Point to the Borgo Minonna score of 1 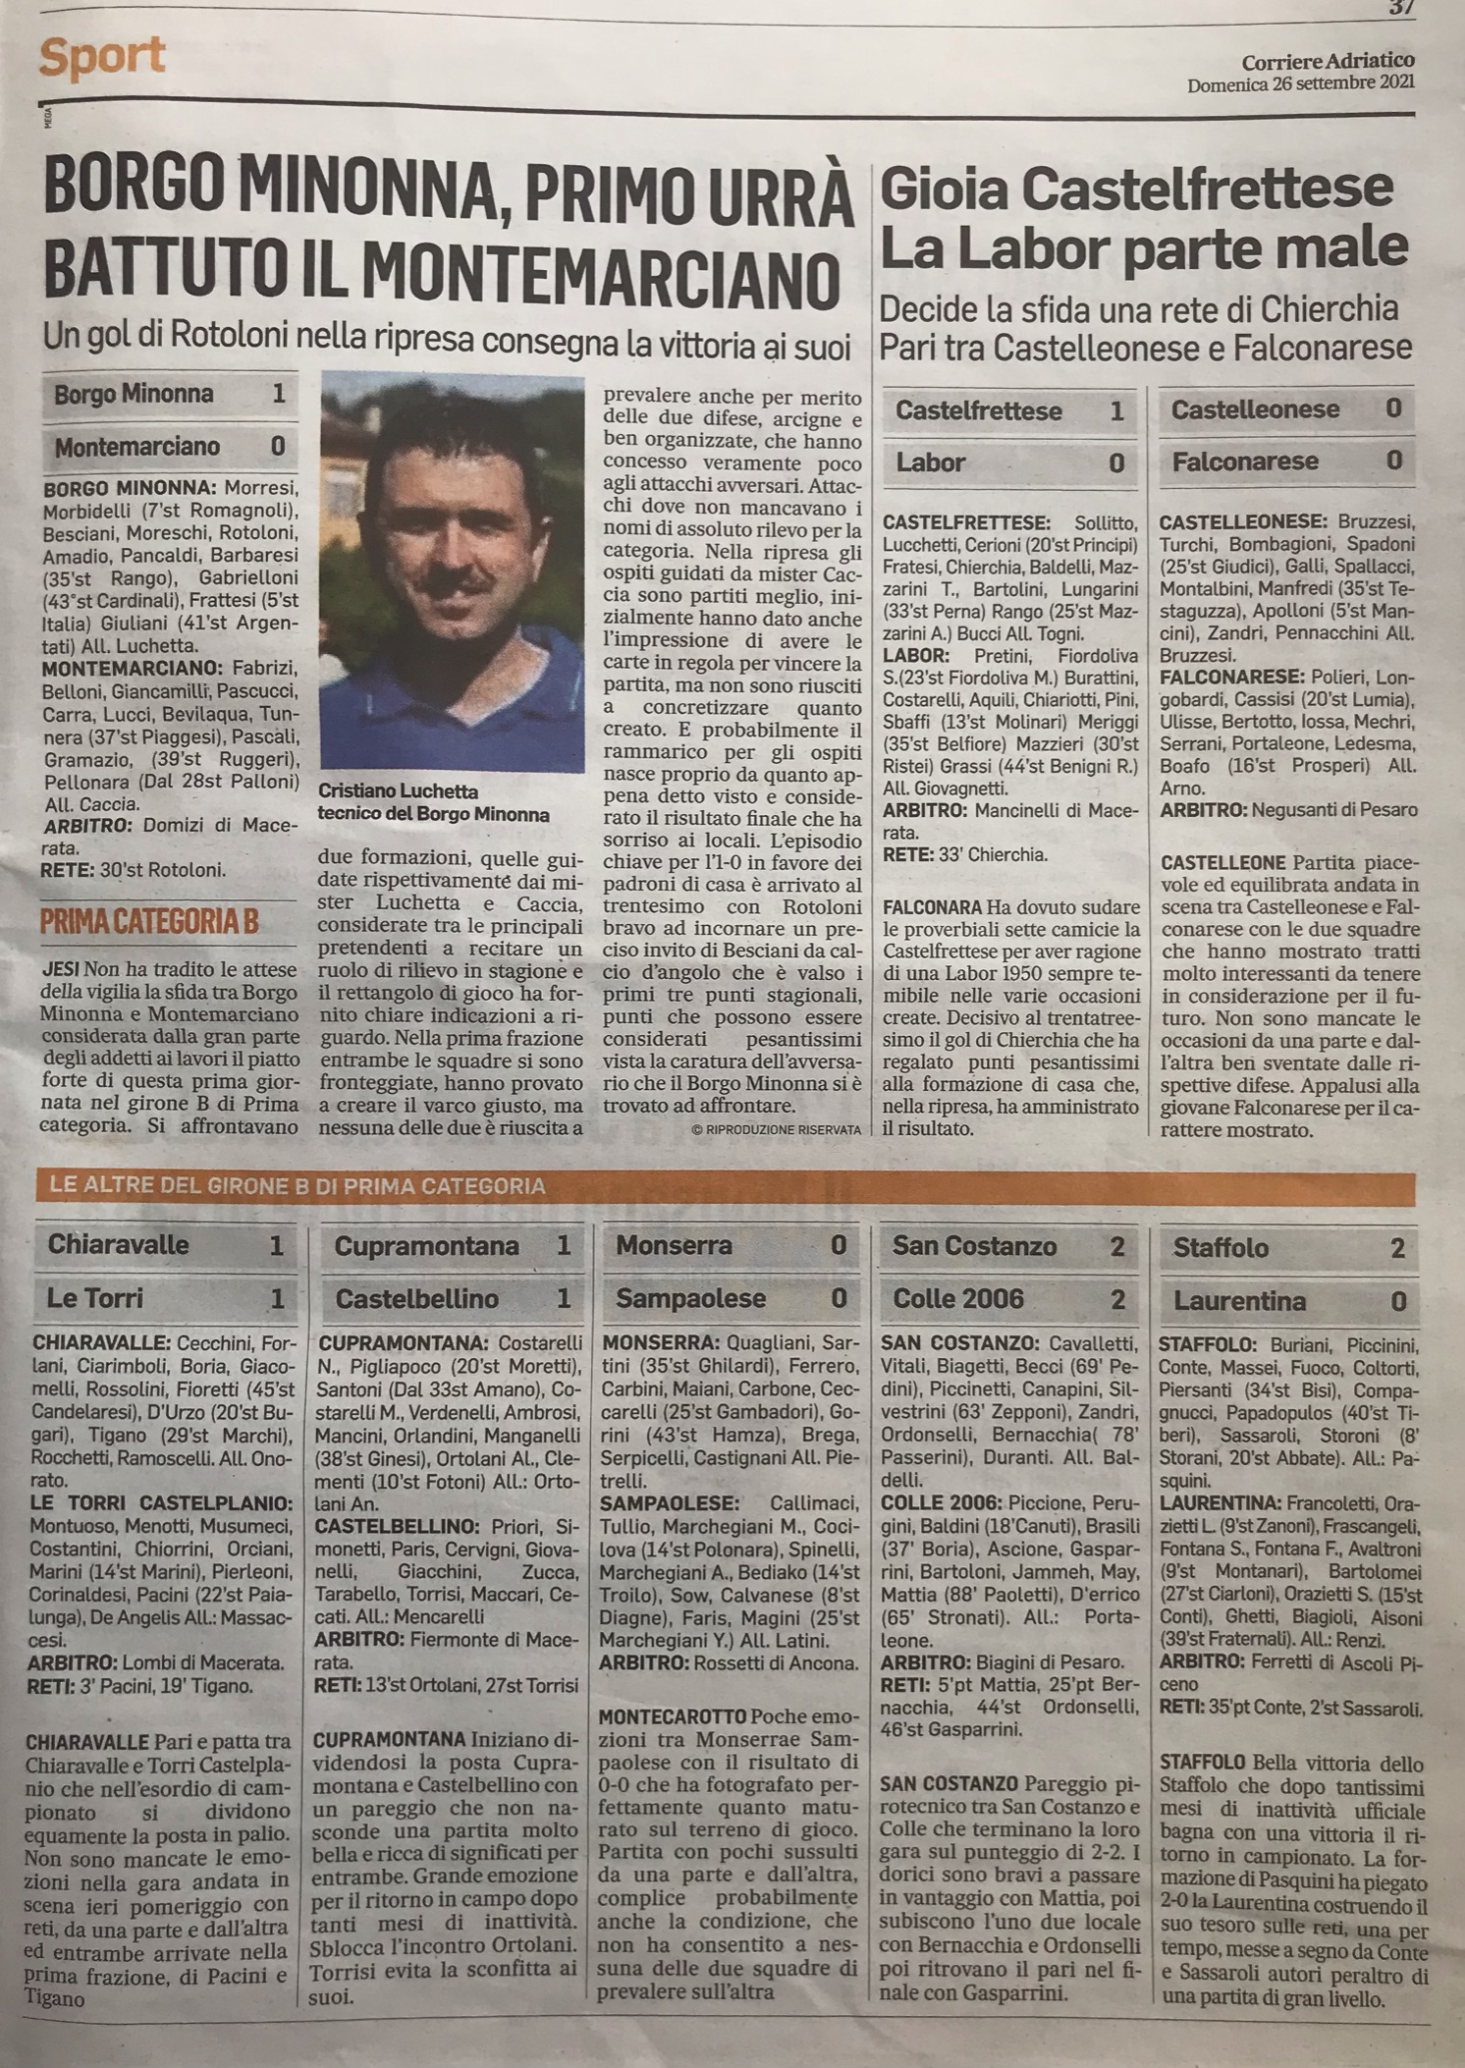pos(278,395)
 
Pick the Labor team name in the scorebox pos(931,463)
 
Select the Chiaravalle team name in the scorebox pos(118,1246)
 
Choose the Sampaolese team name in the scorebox pos(690,1298)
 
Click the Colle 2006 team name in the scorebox pos(957,1299)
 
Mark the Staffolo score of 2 pos(1397,1249)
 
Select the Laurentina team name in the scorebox pos(1239,1302)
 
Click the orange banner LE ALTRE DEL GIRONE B pos(295,1187)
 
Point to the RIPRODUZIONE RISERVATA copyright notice pos(776,1130)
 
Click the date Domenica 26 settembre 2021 pos(1300,83)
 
